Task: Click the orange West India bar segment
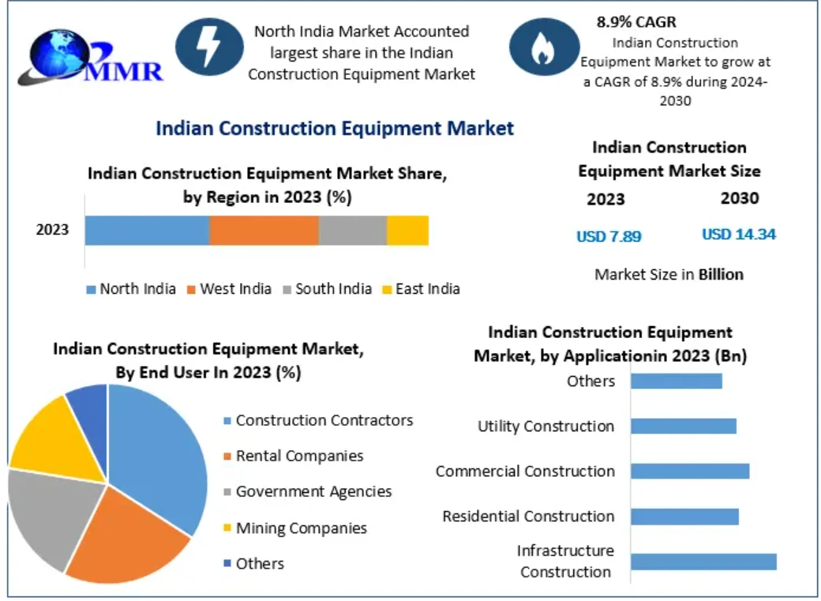pos(264,230)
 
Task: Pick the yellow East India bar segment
pos(407,230)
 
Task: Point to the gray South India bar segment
pos(352,230)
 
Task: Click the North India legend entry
pos(131,289)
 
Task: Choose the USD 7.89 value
pos(609,235)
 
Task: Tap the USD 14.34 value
pos(739,235)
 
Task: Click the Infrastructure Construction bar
pos(703,562)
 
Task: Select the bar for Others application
pos(676,381)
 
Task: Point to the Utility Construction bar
pos(683,426)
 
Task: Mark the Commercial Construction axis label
pos(525,471)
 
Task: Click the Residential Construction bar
pos(684,516)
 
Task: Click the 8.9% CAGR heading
pos(636,22)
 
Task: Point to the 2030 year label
pos(740,198)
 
